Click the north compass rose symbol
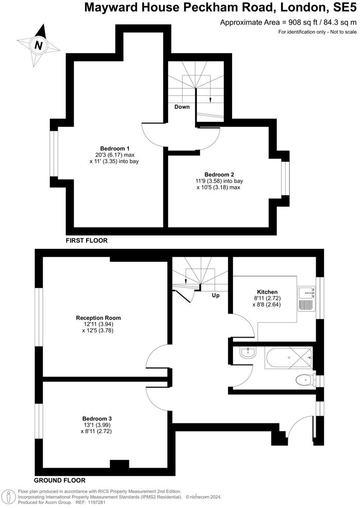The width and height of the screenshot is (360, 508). (38, 45)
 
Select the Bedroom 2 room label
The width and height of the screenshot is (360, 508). (219, 174)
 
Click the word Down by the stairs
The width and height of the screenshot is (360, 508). (182, 107)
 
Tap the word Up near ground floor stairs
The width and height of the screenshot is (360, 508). (217, 296)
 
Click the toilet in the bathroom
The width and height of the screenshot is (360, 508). (303, 381)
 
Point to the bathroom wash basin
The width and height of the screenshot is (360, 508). (246, 353)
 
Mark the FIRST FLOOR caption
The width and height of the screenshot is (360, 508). (86, 241)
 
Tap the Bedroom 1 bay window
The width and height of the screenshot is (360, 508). (53, 153)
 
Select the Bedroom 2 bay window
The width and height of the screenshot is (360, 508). (284, 178)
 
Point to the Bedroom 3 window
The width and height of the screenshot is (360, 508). (38, 420)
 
